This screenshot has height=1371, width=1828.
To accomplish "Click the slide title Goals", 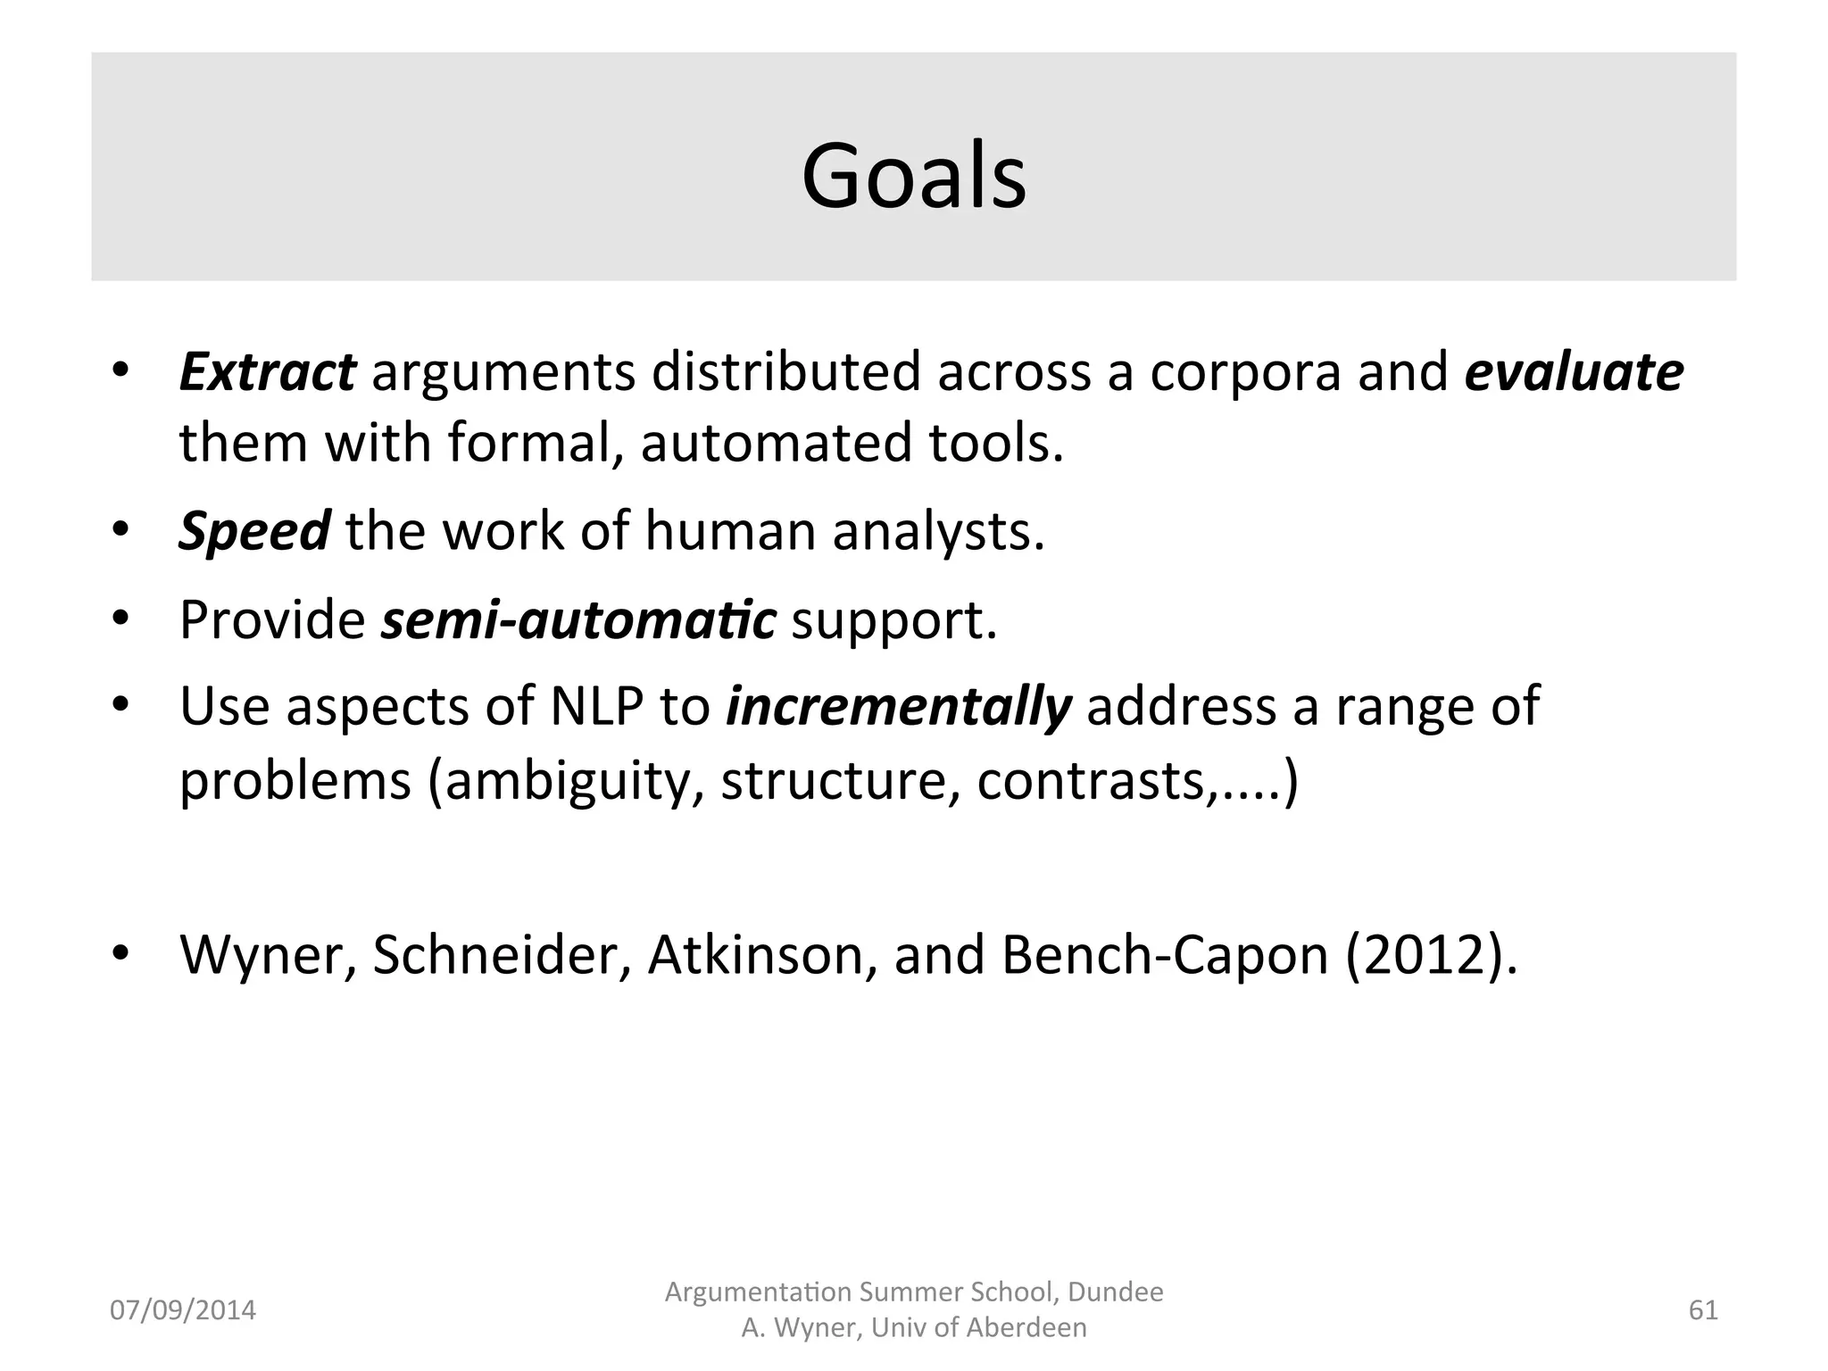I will [914, 177].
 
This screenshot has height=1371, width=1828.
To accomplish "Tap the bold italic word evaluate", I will [1574, 373].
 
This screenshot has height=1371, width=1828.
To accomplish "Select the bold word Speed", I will [253, 532].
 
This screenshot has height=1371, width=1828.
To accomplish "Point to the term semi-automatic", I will [578, 620].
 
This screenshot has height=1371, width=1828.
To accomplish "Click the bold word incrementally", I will [898, 708].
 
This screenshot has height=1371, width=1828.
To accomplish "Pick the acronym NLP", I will [596, 707].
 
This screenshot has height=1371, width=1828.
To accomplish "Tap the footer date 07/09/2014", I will [182, 1310].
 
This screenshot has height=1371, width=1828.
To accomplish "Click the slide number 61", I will [1703, 1310].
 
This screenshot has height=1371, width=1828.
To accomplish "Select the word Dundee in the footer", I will [1115, 1292].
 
